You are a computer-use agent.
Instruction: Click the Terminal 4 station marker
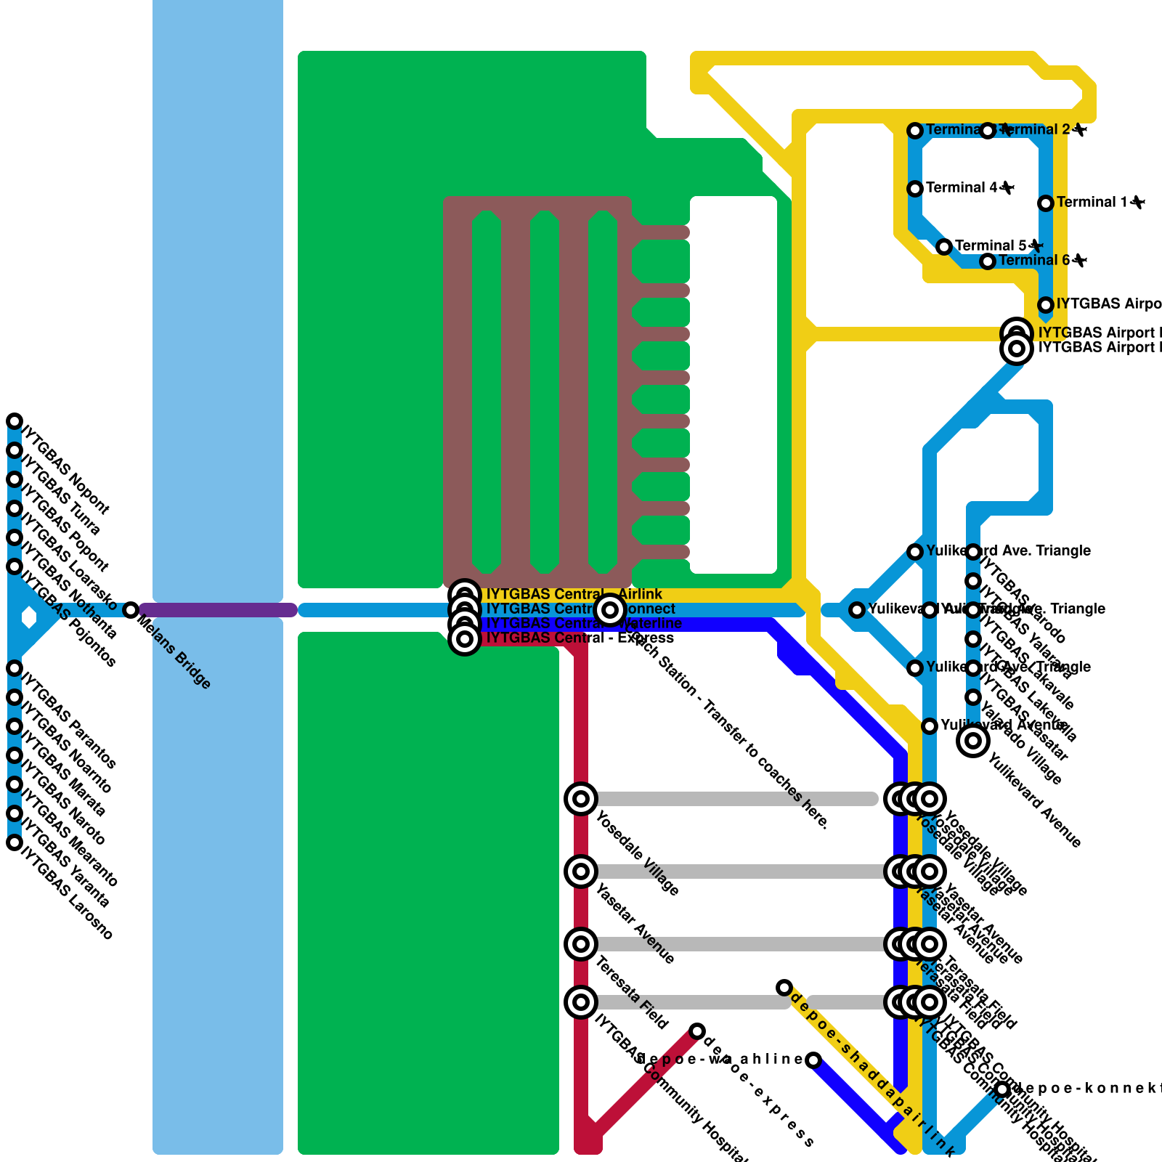point(915,189)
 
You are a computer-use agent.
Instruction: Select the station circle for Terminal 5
point(944,247)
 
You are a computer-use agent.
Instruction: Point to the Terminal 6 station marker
point(988,261)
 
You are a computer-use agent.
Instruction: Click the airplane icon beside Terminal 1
point(1137,202)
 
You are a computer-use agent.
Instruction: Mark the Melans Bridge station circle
point(131,610)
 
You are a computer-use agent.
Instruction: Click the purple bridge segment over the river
point(218,610)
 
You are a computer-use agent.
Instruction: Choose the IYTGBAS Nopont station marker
point(15,421)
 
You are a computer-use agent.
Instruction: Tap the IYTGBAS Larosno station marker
point(15,842)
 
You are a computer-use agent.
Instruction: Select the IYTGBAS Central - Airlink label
point(574,594)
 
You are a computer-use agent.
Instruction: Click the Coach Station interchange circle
point(610,610)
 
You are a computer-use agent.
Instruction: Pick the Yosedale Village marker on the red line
point(581,799)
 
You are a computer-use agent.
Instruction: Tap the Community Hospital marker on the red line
point(581,1002)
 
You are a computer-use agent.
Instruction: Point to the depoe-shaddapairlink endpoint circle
point(784,988)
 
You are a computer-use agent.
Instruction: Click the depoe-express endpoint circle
point(697,1031)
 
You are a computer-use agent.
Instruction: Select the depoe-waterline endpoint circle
point(813,1060)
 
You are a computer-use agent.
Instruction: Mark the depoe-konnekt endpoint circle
point(1002,1089)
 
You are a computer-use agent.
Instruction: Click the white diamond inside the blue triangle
point(29,617)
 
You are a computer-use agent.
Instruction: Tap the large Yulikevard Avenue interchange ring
point(973,741)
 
